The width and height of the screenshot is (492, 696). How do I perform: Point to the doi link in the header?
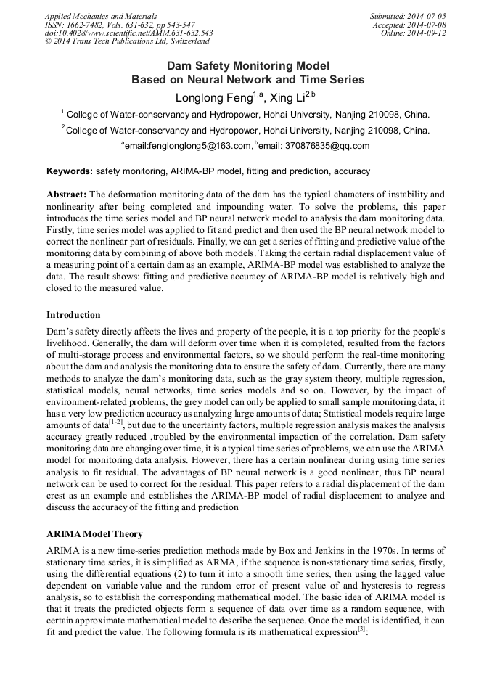coord(128,33)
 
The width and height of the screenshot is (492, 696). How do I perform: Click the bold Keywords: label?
coord(70,171)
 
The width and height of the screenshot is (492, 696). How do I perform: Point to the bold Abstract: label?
coord(67,195)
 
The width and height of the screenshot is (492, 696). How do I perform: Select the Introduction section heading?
coord(73,315)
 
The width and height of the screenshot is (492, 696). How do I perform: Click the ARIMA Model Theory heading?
coord(94,534)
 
